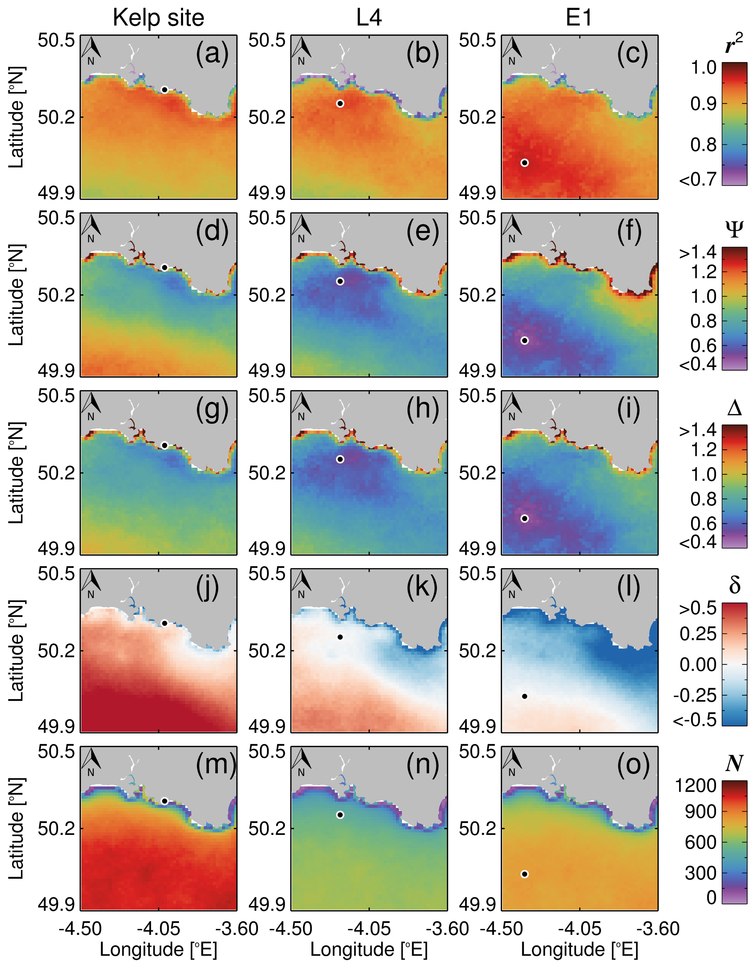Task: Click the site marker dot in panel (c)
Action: coord(524,163)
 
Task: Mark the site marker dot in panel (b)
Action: coord(340,103)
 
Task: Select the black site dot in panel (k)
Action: coord(340,637)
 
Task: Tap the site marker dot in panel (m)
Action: coord(164,801)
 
